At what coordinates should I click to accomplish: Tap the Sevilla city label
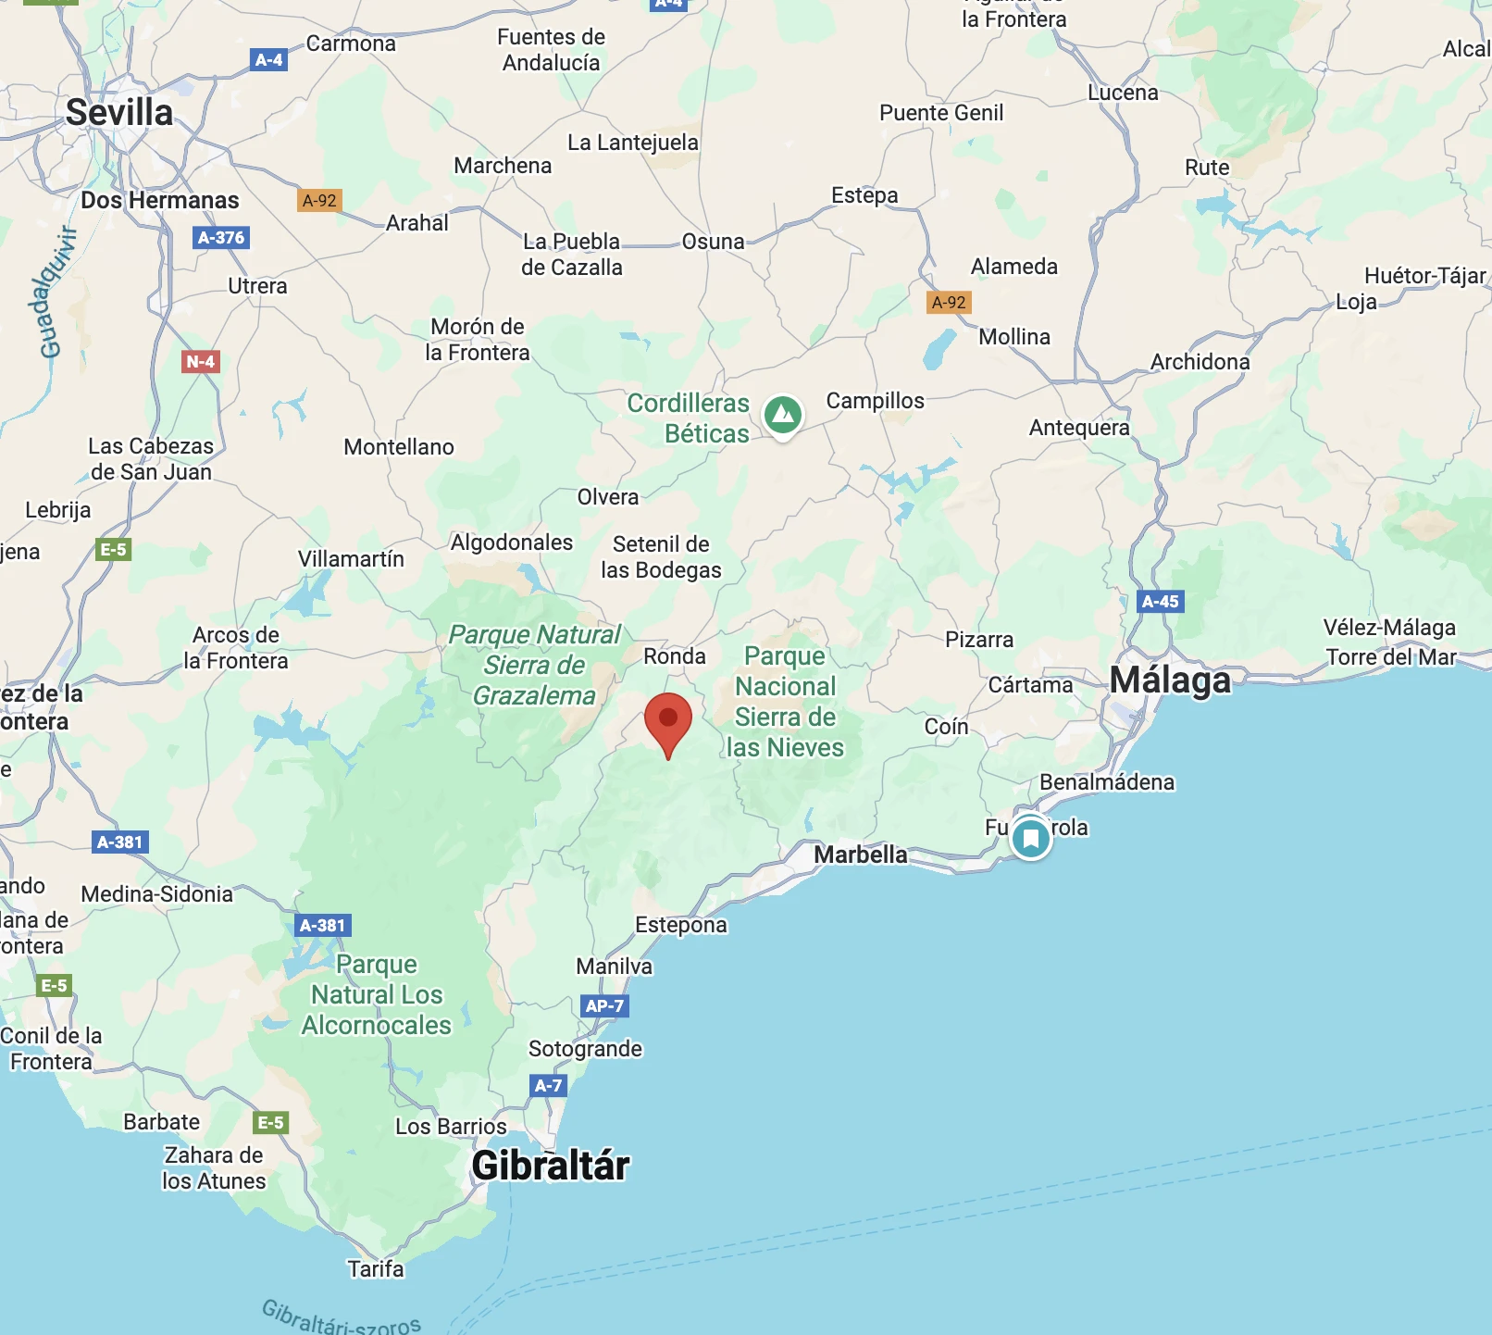click(119, 113)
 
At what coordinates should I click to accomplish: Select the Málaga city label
click(1170, 680)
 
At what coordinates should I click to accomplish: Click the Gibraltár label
click(551, 1166)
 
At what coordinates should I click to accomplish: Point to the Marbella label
click(861, 855)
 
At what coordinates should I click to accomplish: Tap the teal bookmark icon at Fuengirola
click(1031, 839)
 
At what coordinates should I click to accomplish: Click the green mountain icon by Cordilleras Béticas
click(783, 414)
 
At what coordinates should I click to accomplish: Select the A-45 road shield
click(1161, 602)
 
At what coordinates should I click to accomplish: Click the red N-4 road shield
click(200, 362)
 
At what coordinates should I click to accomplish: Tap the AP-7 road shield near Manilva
click(604, 1005)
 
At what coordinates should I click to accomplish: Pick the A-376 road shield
click(222, 238)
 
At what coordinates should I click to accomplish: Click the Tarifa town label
click(376, 1268)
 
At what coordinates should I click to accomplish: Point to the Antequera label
click(1079, 428)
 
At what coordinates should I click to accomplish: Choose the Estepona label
click(681, 925)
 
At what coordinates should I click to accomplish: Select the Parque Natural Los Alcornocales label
click(377, 995)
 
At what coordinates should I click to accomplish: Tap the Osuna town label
click(713, 242)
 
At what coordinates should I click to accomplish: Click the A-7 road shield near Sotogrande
click(548, 1085)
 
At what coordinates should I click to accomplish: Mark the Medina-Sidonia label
click(157, 894)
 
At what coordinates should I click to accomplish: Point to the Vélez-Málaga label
click(1389, 628)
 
